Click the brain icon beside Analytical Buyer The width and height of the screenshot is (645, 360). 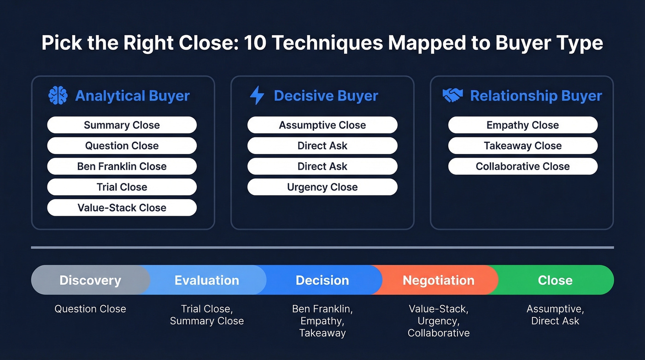click(x=58, y=95)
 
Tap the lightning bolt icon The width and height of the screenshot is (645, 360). click(x=257, y=95)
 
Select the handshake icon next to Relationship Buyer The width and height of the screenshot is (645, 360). click(x=452, y=95)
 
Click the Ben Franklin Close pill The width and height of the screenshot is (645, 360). click(x=122, y=166)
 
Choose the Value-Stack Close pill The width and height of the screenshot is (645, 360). click(x=122, y=208)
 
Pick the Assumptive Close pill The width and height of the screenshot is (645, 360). click(x=322, y=125)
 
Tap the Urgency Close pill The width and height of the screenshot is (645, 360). click(x=322, y=187)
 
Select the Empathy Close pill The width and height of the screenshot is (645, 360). click(x=522, y=125)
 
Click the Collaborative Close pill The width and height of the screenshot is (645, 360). click(x=522, y=166)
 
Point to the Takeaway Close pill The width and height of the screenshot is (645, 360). click(x=522, y=146)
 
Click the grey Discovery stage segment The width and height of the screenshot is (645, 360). click(x=90, y=280)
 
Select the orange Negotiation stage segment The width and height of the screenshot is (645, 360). click(x=438, y=280)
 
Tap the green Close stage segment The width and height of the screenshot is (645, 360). click(x=555, y=280)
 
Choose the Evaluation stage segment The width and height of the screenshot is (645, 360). click(x=206, y=280)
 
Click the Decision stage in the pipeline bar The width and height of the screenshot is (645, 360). click(x=322, y=280)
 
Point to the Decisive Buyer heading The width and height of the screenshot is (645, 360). click(x=326, y=96)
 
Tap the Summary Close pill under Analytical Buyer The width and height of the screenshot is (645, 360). click(x=122, y=125)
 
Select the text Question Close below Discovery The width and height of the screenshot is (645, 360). click(x=90, y=309)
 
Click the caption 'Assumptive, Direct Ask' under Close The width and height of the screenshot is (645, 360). click(x=555, y=315)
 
